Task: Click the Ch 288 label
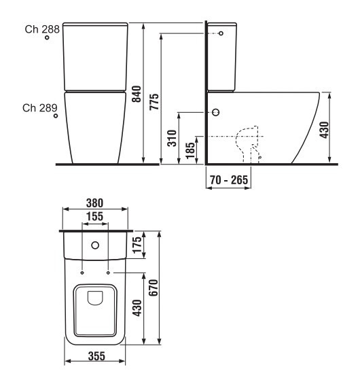(x=42, y=29)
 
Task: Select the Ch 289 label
(x=40, y=108)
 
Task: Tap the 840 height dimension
(x=137, y=94)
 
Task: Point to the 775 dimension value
(x=154, y=102)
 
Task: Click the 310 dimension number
(x=172, y=139)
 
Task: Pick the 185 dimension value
(x=190, y=150)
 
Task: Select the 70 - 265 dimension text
(x=229, y=180)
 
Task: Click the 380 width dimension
(x=94, y=203)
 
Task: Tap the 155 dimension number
(x=94, y=216)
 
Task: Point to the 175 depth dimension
(x=137, y=245)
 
